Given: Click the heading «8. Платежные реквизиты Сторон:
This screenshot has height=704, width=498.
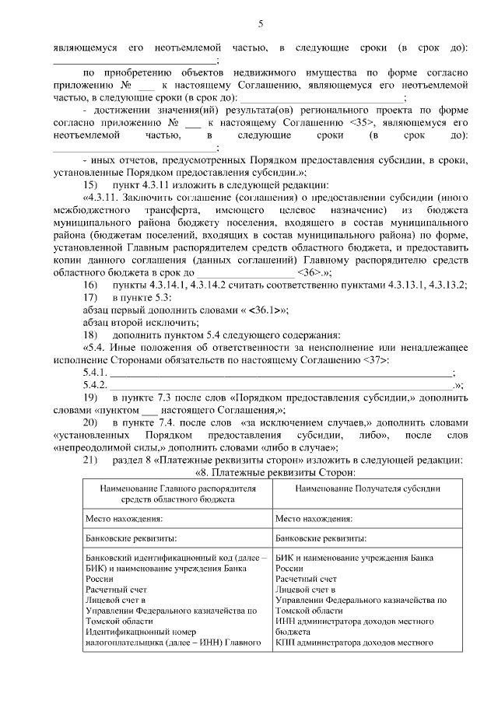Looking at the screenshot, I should [x=263, y=472].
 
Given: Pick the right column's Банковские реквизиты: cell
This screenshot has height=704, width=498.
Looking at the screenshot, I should [x=321, y=538].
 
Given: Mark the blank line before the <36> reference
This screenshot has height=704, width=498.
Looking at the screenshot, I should [x=245, y=273].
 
